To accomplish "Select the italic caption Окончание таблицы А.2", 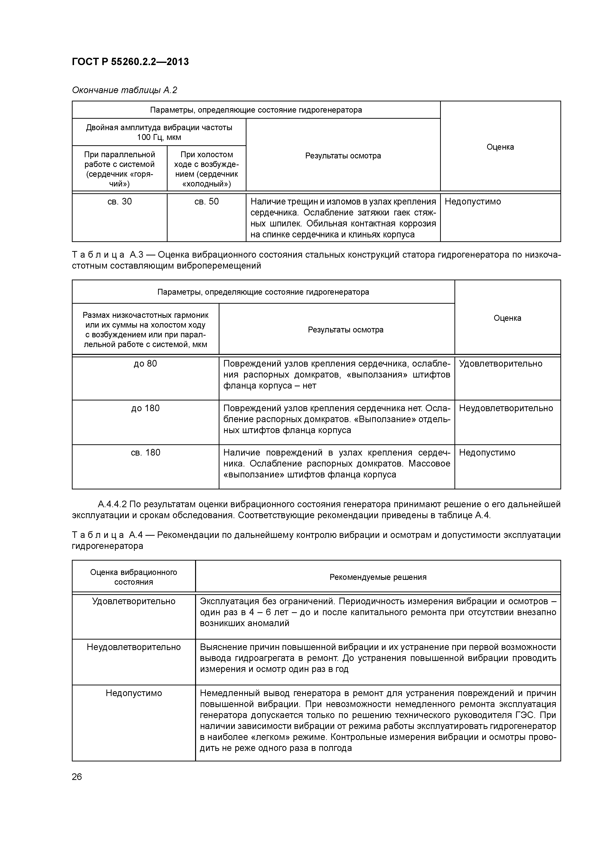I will tap(124, 90).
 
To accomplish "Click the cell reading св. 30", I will tap(119, 202).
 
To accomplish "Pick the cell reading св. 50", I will tap(207, 202).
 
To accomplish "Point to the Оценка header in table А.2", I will tap(500, 147).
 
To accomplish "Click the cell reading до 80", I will tap(145, 363).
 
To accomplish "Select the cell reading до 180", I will tap(145, 408).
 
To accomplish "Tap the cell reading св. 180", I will tap(145, 452).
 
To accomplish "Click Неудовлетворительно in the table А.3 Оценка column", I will tap(506, 408).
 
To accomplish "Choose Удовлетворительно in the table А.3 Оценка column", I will tap(500, 363).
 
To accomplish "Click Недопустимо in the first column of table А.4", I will tap(134, 693).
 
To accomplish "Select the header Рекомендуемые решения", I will tap(378, 577).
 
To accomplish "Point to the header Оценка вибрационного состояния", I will tap(134, 577).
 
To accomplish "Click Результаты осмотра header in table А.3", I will tap(345, 330).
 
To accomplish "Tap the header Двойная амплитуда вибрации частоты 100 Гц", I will tap(159, 132).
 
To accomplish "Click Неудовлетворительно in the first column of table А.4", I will tap(134, 647).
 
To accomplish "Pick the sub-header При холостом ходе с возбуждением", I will tap(207, 169).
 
